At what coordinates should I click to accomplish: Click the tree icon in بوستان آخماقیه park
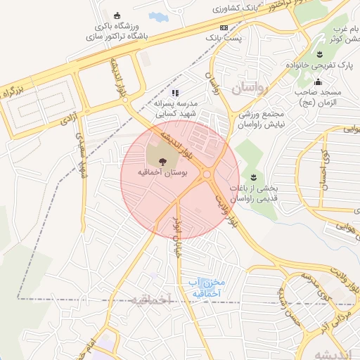162,160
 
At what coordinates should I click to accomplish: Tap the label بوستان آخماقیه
162,172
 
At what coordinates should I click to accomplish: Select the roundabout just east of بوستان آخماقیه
207,174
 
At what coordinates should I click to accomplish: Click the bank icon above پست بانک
224,27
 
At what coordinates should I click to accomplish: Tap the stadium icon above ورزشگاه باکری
116,15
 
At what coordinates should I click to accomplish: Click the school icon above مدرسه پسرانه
176,92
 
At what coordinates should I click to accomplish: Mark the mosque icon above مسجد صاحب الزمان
318,82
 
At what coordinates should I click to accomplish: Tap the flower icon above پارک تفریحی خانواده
319,54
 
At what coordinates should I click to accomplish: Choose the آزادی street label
67,121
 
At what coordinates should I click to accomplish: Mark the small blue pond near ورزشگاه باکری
156,16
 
